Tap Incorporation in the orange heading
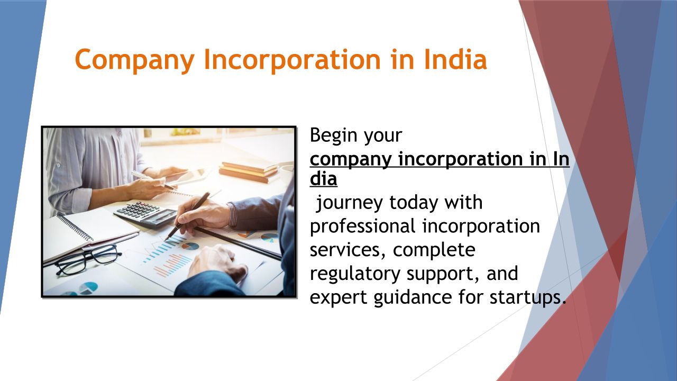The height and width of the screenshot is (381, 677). coord(292,60)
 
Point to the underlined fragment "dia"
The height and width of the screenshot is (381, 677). coord(323,178)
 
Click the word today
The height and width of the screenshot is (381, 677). coord(414,203)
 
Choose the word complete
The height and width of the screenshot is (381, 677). coord(434,250)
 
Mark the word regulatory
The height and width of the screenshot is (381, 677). coord(355,274)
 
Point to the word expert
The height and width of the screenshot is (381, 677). coord(338,298)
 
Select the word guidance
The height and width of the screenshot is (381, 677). coord(413,297)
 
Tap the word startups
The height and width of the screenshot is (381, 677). coord(528,298)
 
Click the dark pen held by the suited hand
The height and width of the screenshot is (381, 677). coord(187,216)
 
